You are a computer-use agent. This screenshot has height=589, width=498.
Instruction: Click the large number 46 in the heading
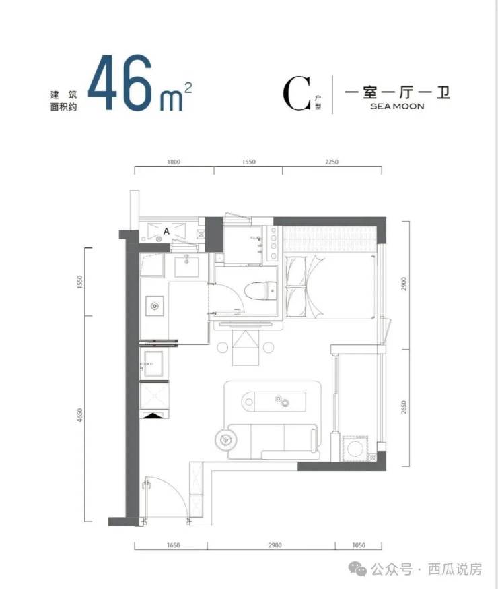coord(120,83)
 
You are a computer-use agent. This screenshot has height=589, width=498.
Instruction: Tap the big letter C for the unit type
coord(297,94)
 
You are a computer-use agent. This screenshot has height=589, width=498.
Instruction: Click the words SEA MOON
coord(397,106)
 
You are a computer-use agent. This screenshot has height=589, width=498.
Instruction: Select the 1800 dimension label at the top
coord(173,162)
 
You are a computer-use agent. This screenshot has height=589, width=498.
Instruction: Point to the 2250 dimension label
coord(332,162)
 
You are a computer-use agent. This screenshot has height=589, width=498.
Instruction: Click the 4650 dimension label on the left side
coord(79,415)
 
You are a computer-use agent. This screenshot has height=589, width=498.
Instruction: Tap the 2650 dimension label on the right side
coord(404,407)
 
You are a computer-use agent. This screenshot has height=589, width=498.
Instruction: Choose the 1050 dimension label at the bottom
coord(359,545)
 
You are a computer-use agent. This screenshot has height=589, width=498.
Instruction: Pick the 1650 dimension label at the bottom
coord(173,545)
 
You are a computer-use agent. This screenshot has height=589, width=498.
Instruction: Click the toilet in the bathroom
coord(260,291)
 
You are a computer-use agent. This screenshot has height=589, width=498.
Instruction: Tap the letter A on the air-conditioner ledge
coord(166,231)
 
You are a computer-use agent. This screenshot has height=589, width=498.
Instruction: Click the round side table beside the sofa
coord(225,438)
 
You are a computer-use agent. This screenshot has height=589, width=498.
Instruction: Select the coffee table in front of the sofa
coord(274,401)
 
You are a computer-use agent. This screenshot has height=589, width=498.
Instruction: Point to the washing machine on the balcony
coord(354,448)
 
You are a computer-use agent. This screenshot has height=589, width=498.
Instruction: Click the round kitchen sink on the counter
coord(155,306)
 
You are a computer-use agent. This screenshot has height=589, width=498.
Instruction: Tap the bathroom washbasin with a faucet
coord(187,266)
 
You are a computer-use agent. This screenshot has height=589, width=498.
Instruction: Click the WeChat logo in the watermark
coord(357,569)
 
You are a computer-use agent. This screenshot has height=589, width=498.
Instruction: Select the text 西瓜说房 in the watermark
coord(455,569)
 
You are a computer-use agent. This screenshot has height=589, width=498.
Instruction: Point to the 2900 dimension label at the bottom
coord(275,545)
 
